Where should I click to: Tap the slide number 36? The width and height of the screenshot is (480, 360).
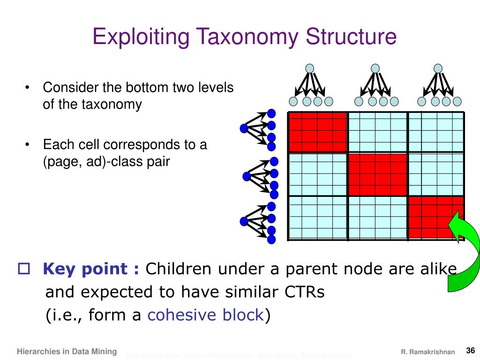471,350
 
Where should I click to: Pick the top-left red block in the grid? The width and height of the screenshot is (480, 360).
317,132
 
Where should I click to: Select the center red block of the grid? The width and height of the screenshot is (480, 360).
377,174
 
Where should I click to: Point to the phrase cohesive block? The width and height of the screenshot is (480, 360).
206,315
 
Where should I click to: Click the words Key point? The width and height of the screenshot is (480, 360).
91,269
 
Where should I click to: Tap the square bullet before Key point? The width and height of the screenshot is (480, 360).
23,269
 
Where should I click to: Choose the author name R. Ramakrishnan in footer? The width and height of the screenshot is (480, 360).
427,352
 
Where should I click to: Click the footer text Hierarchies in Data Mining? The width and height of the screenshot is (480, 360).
67,351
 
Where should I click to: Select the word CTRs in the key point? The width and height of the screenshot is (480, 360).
305,292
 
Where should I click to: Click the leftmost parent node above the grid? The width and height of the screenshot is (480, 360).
310,68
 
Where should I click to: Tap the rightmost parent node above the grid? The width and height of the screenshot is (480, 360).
438,68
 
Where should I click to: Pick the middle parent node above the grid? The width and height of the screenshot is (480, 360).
375,68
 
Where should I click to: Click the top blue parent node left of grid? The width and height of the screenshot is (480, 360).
244,128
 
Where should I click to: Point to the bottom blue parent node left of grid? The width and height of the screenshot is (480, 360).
244,221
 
